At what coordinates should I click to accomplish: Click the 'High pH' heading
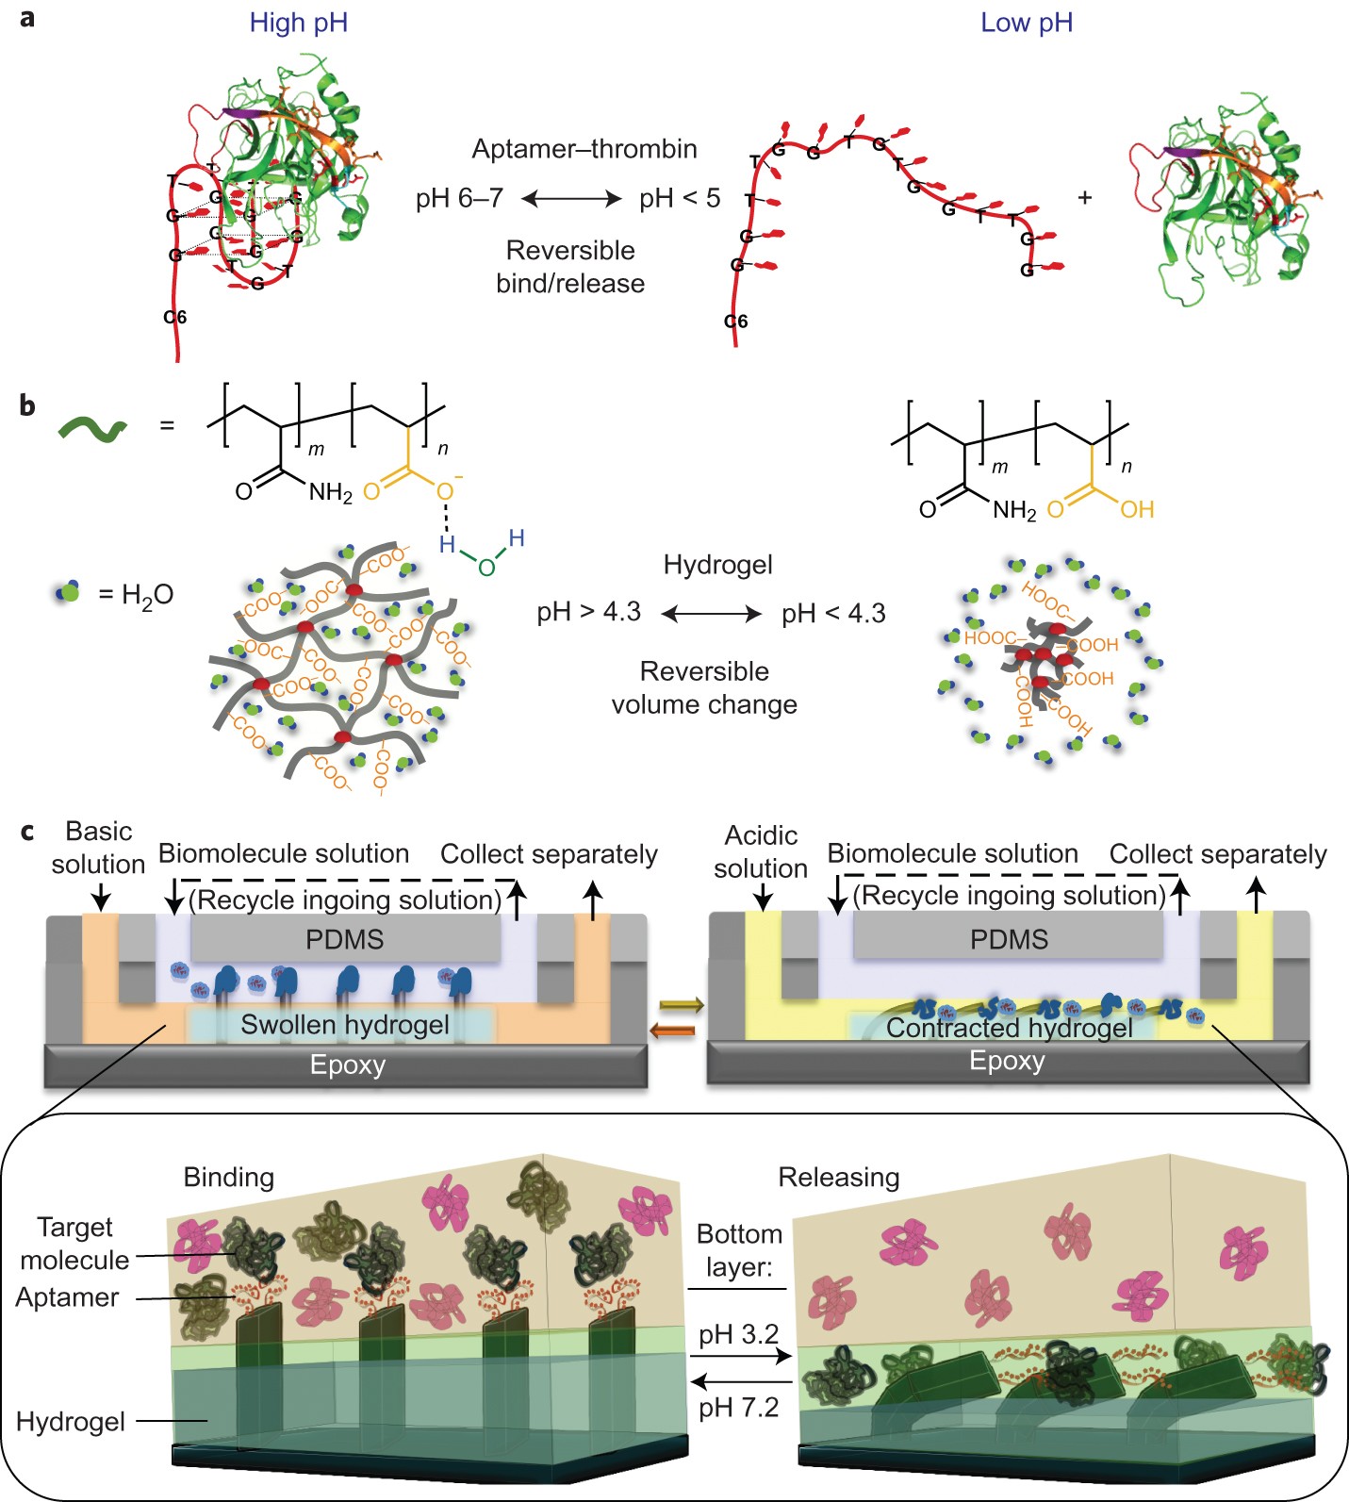click(x=298, y=23)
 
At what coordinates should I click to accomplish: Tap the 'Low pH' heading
click(x=1026, y=23)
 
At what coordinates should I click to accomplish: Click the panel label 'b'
click(x=27, y=405)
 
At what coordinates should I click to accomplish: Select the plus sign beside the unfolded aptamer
click(x=1085, y=198)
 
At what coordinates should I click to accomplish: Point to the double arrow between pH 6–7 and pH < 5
click(x=571, y=199)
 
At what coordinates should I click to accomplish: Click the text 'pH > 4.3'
click(x=588, y=612)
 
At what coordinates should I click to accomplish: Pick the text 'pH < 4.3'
click(x=833, y=614)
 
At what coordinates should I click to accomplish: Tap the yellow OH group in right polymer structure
click(x=1137, y=510)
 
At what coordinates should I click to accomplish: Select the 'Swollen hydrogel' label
click(x=345, y=1025)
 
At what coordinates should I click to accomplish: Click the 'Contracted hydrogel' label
click(x=1009, y=1028)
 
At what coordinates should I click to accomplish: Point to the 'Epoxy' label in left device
click(x=348, y=1065)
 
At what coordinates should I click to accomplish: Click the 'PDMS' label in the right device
click(x=1009, y=939)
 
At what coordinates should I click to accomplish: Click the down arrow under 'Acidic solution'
click(x=762, y=897)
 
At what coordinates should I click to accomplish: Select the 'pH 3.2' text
click(x=738, y=1335)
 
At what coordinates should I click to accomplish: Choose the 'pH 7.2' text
click(x=738, y=1408)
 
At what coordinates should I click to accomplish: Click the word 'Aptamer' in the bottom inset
click(x=67, y=1297)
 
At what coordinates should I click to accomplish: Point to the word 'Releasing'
click(x=838, y=1177)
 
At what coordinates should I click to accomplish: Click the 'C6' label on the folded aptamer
click(x=175, y=318)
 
